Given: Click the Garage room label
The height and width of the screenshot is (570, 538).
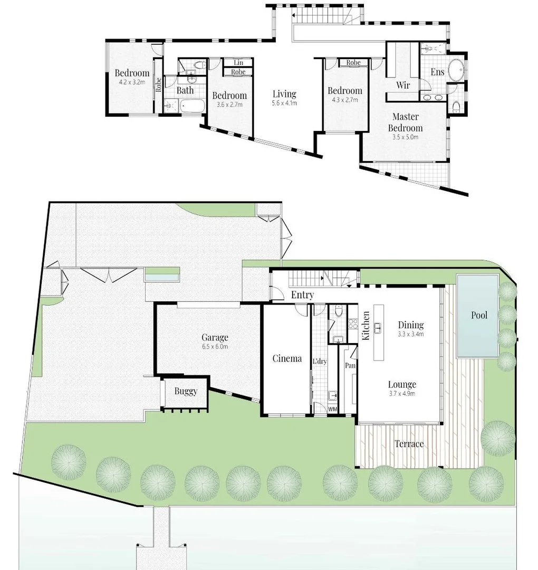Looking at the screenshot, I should point(215,337).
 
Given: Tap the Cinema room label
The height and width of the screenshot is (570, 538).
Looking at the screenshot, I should point(287,358).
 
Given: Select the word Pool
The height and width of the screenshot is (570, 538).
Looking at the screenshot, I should point(479,315).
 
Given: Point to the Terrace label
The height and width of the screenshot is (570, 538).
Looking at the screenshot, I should point(409,444).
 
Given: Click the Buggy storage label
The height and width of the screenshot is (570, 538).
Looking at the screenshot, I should point(186,391).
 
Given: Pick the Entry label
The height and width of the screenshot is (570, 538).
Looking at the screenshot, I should point(302,295).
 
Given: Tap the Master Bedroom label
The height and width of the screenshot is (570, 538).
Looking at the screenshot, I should point(405,122).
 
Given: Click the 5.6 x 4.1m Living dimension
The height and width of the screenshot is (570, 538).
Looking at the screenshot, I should point(284,103).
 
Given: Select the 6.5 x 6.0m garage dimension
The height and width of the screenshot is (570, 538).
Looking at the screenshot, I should point(215,347).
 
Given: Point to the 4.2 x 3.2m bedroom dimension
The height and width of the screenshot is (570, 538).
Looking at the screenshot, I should point(132,82).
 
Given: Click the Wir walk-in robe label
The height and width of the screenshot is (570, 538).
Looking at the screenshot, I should point(403,85).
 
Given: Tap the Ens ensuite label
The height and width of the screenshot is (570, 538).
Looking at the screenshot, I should point(437,72).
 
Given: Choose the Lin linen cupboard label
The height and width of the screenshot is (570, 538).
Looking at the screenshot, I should point(238,63).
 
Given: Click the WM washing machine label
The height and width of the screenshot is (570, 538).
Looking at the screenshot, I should point(332,409).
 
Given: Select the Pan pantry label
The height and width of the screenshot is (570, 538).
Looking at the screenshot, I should point(350,365).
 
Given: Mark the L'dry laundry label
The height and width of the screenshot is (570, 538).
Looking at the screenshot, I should point(319,362).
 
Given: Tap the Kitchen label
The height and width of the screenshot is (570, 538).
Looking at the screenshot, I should point(366,326).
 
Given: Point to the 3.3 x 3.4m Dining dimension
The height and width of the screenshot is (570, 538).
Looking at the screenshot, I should point(410,334).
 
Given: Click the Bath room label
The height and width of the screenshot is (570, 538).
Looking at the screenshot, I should point(185,90).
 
